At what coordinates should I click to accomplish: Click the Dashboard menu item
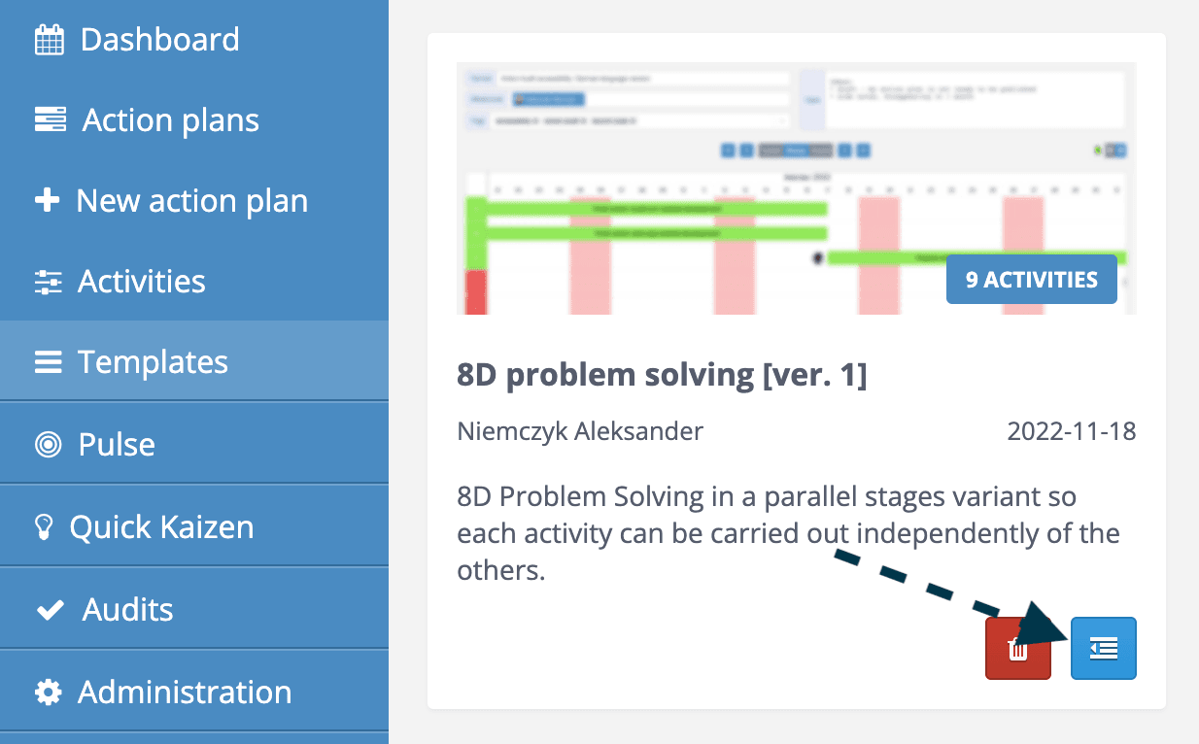159,40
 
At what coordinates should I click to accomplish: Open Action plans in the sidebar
170,120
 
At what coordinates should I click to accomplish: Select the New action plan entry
191,201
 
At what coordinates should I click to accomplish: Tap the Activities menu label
142,282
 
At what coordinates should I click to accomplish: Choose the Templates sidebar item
153,362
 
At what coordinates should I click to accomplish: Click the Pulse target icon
48,445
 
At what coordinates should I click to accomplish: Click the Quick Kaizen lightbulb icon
44,526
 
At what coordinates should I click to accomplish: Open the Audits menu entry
127,609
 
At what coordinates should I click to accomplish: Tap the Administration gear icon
48,692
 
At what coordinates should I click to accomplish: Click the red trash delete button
1017,649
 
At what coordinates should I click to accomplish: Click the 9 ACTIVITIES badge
1031,280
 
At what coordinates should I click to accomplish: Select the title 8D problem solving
661,375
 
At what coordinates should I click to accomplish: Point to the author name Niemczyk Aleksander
580,431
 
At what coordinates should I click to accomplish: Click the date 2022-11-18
1071,431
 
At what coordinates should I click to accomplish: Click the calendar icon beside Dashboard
49,40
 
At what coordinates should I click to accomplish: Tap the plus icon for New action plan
47,201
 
